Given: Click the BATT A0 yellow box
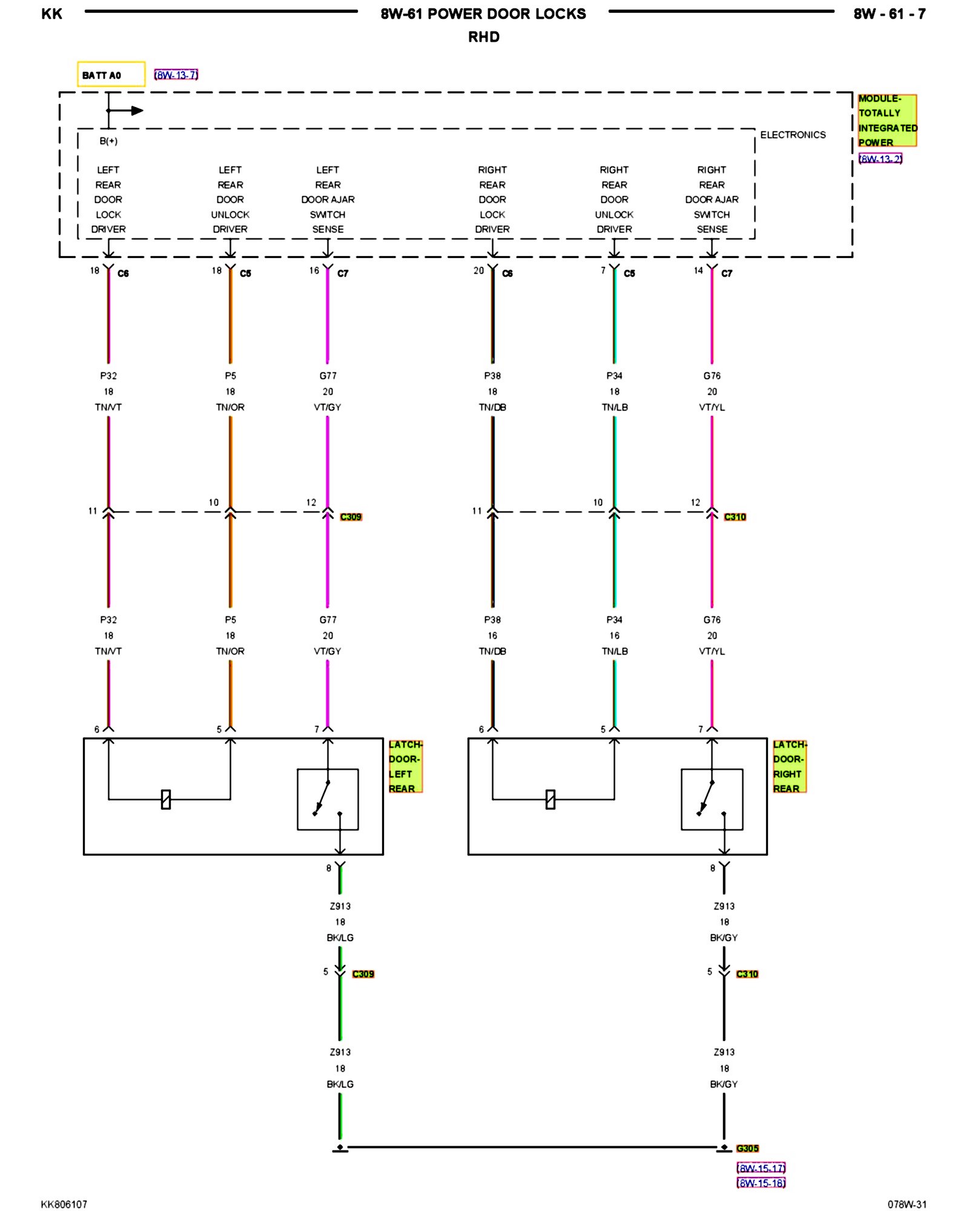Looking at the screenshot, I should pos(111,74).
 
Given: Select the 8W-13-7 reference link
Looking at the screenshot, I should pos(176,75).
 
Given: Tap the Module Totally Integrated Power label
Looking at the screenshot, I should pos(887,120).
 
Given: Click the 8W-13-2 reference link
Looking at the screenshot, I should pos(880,159).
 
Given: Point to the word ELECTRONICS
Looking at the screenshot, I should pos(792,135).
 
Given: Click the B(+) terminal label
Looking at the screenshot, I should pos(108,141).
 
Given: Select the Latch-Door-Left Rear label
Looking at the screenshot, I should pos(405,766).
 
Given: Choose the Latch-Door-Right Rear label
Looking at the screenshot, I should pos(789,766).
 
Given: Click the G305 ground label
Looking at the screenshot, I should pos(747,1148).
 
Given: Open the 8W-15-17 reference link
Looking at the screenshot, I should pos(761,1168).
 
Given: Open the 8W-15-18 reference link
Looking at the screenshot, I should pos(761,1183).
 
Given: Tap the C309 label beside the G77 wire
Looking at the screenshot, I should pos(351,516).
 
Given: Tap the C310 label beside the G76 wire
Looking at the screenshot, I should pos(735,516).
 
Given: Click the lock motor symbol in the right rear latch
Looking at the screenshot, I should pos(550,799).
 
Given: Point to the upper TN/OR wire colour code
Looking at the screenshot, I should pos(230,408).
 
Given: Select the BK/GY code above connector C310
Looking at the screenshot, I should pos(724,937).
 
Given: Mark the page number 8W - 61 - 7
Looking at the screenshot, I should pos(889,14).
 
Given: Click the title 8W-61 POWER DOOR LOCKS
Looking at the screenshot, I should pos(483,14).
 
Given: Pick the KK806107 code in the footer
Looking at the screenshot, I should pos(64,1204).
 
